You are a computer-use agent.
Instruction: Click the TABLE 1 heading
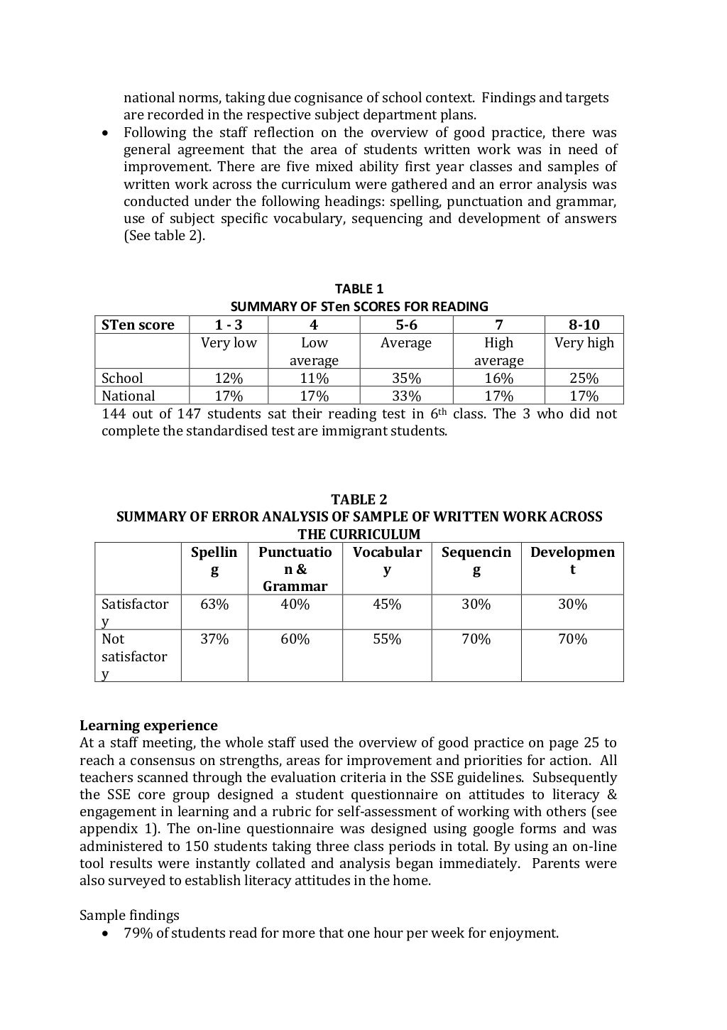click(359, 289)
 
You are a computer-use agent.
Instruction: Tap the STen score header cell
click(138, 325)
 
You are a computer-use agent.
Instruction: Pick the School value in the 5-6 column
click(406, 379)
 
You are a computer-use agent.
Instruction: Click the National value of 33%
click(406, 396)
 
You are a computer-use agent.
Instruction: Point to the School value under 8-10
click(584, 379)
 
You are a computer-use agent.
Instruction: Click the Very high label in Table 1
click(584, 343)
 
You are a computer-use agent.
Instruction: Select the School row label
click(122, 379)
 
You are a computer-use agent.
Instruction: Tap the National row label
click(128, 396)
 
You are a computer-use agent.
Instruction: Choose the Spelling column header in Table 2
click(214, 560)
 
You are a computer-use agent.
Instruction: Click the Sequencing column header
click(476, 560)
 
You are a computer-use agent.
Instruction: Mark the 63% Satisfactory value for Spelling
click(214, 605)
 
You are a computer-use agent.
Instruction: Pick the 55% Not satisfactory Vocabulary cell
click(387, 639)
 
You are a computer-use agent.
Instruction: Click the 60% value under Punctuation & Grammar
click(295, 639)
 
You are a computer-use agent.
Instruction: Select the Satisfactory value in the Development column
click(572, 605)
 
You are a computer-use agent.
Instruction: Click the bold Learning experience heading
click(148, 725)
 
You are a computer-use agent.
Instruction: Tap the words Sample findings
click(129, 916)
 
